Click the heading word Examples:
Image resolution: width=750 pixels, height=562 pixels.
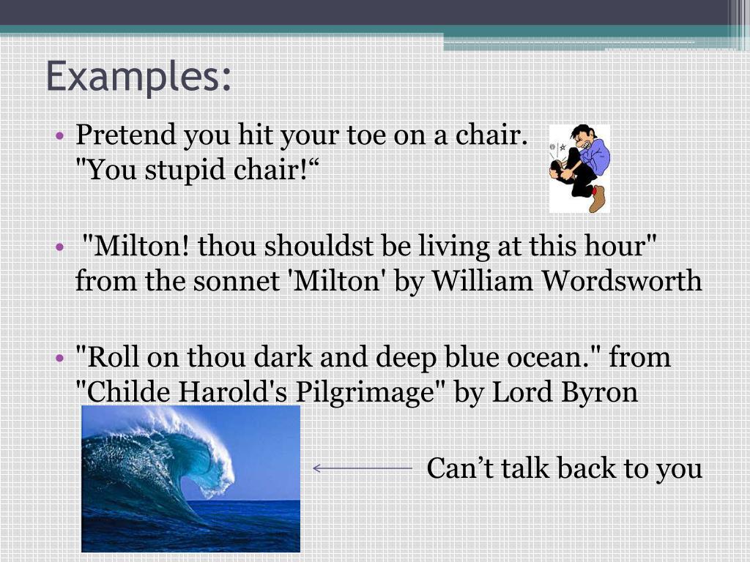pos(138,77)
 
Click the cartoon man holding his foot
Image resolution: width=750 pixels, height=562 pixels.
pos(580,168)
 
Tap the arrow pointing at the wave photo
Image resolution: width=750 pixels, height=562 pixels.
pos(362,468)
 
